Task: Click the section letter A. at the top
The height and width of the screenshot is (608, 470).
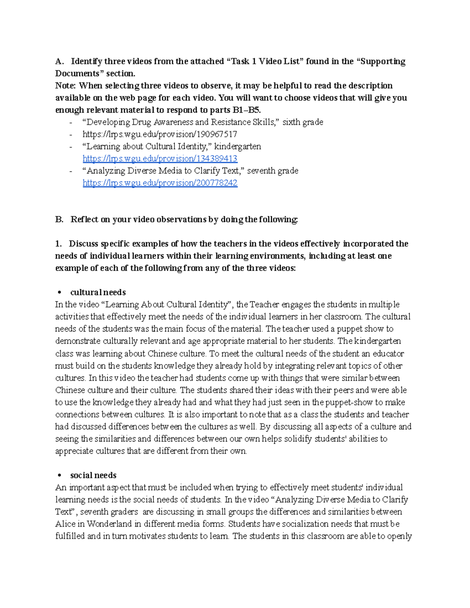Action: tap(59, 61)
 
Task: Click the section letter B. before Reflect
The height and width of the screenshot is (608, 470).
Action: tap(59, 219)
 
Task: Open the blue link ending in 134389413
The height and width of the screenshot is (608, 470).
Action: tap(160, 159)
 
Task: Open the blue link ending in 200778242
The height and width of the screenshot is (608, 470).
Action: tap(160, 183)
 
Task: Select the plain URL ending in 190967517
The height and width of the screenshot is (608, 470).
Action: tap(160, 134)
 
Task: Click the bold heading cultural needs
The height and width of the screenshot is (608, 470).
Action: tap(98, 292)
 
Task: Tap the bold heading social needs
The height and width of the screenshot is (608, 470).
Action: tap(93, 475)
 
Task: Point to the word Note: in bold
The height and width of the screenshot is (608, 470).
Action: tap(66, 86)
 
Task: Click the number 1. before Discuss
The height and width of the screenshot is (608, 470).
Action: tap(59, 244)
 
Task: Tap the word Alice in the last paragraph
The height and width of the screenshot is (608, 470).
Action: tap(65, 524)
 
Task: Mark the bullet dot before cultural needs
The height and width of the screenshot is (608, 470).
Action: tap(60, 292)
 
